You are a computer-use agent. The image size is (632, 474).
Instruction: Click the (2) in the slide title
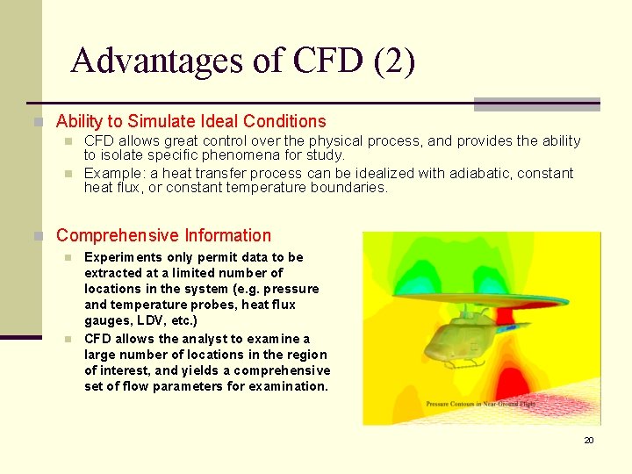(x=395, y=61)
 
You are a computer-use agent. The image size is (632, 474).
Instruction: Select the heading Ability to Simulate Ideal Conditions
(x=190, y=122)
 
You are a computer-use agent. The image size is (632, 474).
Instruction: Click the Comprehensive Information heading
(x=163, y=235)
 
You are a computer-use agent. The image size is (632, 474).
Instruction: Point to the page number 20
(x=589, y=440)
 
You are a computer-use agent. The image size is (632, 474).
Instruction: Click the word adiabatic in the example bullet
(x=481, y=173)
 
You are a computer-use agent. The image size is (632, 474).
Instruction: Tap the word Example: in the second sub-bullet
(x=111, y=173)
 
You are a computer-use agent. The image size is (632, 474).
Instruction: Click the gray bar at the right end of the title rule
(x=536, y=104)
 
